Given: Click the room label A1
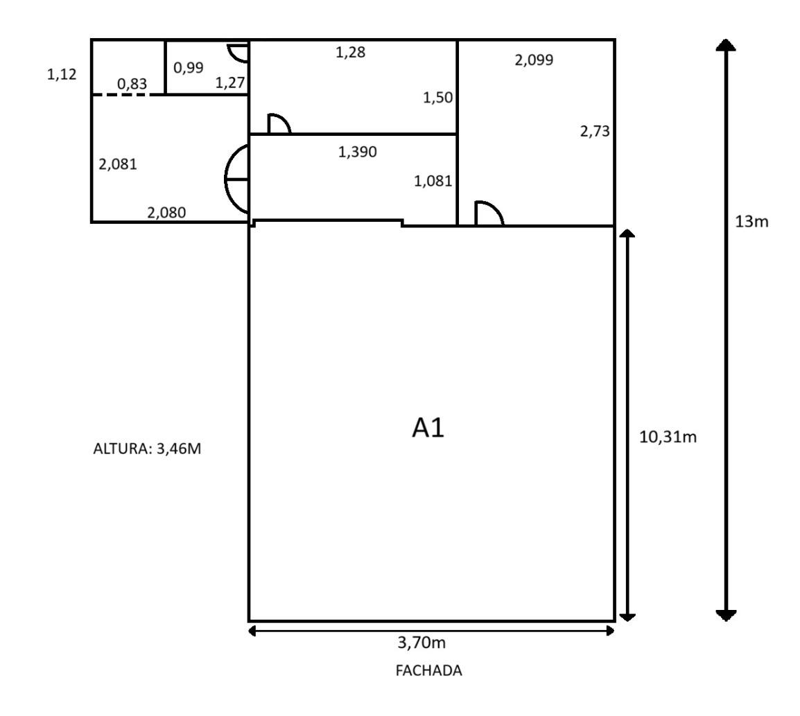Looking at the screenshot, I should [428, 428].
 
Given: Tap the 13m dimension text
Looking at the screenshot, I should [752, 222].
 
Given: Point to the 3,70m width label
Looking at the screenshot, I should [421, 643].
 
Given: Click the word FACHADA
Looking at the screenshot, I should [428, 671].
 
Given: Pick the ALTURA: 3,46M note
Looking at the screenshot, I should [147, 448].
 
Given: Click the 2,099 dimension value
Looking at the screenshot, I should [534, 60].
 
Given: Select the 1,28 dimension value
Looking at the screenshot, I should [350, 51].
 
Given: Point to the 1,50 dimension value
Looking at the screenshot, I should [438, 98].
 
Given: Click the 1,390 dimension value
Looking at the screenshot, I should [357, 152].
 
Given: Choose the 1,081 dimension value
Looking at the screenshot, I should [433, 182].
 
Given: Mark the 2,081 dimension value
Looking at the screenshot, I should [118, 164].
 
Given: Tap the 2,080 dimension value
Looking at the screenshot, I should [166, 213].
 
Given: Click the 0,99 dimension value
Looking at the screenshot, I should [188, 67].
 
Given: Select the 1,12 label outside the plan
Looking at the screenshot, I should [62, 75].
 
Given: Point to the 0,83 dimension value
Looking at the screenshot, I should [132, 84].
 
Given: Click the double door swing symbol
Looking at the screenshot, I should [236, 179].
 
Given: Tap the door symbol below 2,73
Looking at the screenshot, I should [488, 213].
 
